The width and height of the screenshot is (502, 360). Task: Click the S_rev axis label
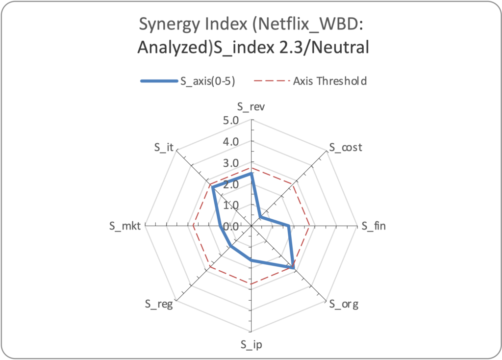point(251,107)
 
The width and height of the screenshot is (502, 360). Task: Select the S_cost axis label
point(345,147)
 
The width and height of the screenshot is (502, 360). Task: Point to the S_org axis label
point(344,305)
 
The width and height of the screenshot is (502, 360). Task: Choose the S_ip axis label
point(251,344)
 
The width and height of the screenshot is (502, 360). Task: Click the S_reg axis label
point(159,305)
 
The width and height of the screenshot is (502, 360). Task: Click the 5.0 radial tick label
point(230,121)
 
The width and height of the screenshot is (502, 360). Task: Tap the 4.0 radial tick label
point(230,142)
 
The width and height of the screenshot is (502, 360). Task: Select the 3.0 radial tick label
point(230,163)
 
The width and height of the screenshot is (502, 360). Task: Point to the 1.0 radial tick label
point(230,205)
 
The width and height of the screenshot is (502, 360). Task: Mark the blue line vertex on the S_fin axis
point(289,226)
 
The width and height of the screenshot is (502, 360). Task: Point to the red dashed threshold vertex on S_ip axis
point(251,284)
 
